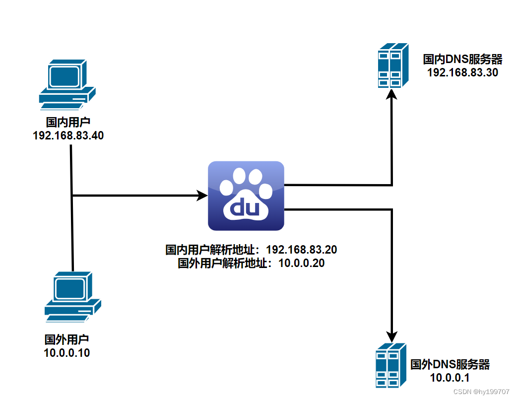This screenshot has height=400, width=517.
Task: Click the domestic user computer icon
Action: point(67,84)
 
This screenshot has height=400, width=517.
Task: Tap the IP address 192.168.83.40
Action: point(68,135)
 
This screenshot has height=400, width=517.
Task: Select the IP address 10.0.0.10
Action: point(67,353)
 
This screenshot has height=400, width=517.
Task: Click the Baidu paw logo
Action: point(246,196)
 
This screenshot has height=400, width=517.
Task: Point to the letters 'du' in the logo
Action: point(246,208)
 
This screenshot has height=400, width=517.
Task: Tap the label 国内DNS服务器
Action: point(462,60)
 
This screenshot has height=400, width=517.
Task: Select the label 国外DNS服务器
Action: point(450,365)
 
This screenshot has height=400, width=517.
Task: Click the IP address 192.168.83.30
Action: point(462,72)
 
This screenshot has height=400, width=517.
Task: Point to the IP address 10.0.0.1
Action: point(450,378)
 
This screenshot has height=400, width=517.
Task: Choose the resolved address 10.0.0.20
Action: point(302,263)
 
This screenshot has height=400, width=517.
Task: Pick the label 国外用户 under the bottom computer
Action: point(67,340)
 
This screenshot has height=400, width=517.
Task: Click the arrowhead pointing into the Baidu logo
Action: point(202,196)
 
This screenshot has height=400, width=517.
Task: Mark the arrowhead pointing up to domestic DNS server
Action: point(392,94)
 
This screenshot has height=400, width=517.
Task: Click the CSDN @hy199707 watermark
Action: point(481,392)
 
